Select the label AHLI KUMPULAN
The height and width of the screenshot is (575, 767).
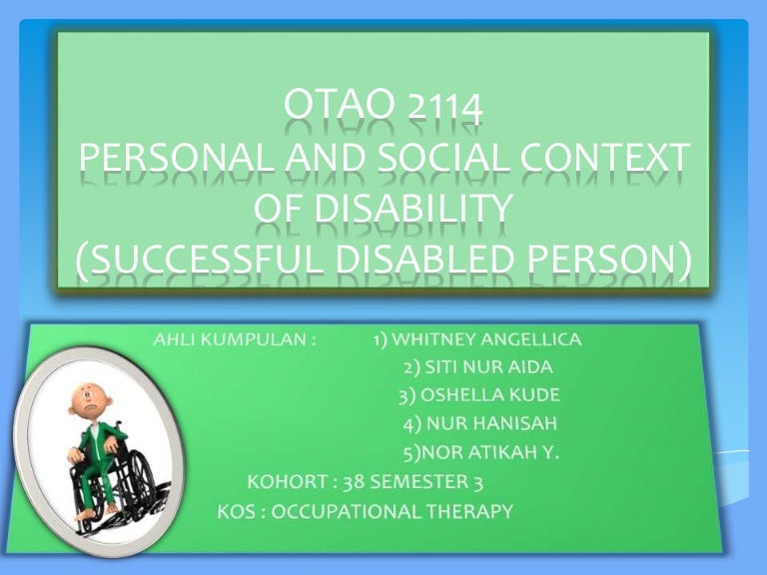(235, 339)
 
